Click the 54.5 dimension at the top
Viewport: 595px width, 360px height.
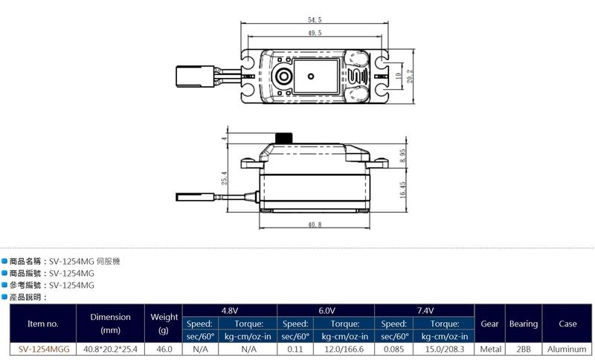click(x=315, y=20)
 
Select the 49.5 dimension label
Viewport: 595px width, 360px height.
click(x=315, y=33)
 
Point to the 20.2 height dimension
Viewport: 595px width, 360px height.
click(x=410, y=77)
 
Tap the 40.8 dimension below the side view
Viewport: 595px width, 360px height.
click(x=315, y=225)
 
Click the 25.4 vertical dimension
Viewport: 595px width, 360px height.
click(x=225, y=178)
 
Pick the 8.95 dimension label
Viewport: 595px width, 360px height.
click(x=402, y=155)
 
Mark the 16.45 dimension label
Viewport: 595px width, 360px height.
click(x=402, y=190)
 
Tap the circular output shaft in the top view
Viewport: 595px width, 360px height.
click(x=283, y=77)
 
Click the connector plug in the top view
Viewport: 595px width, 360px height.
click(x=195, y=77)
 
